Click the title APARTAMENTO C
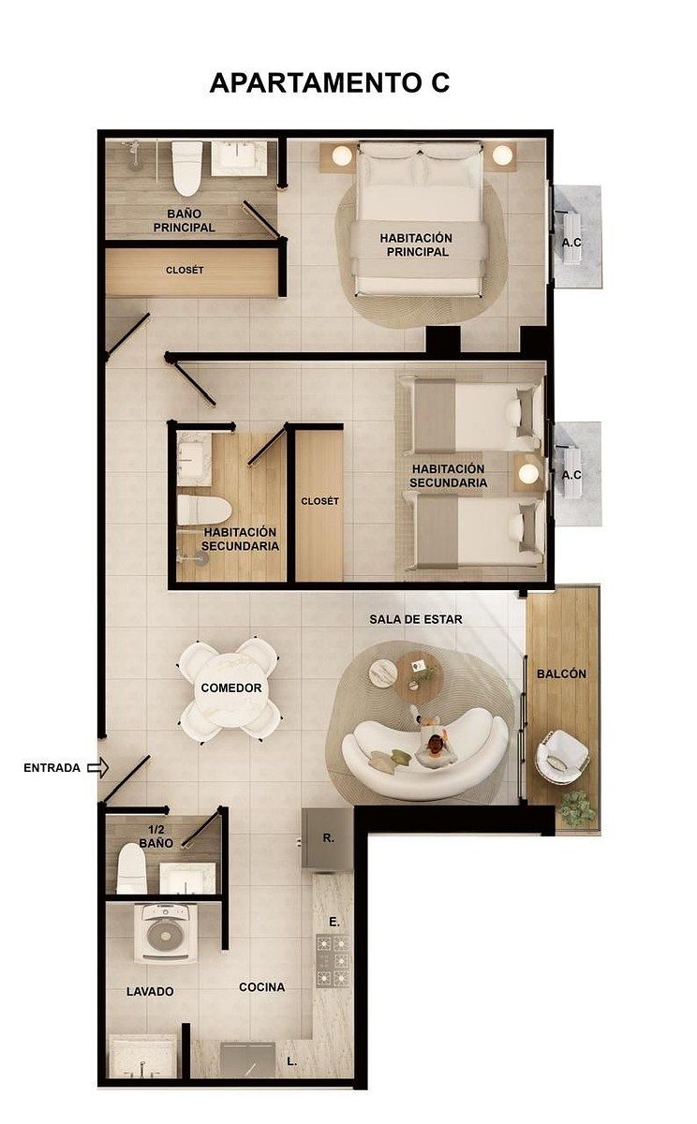tap(330, 82)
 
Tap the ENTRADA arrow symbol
tap(97, 767)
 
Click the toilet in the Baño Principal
tap(187, 169)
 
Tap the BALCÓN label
tap(561, 673)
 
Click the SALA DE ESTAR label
tap(416, 620)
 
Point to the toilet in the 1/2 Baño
tap(131, 869)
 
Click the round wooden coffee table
tap(419, 676)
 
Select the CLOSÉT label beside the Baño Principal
tap(185, 271)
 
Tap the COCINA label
tap(262, 987)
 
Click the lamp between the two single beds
tap(527, 473)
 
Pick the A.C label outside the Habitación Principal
tap(571, 243)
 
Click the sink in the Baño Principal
tap(238, 158)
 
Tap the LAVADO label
tap(150, 992)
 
